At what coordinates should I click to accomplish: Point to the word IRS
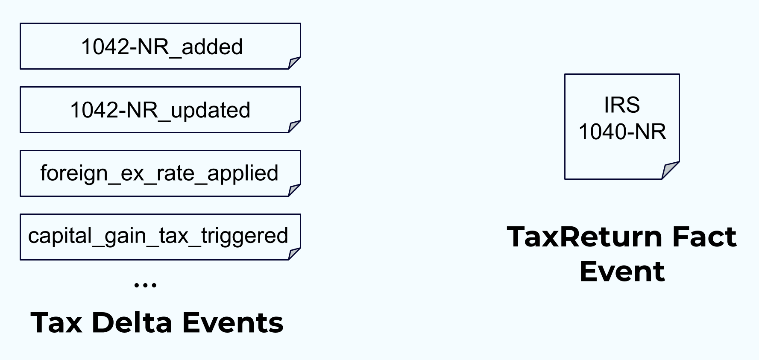622,105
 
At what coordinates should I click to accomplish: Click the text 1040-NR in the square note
622,132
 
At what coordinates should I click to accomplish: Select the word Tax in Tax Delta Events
56,322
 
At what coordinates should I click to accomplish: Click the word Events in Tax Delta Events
233,322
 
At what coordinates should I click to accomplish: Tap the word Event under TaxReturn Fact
622,272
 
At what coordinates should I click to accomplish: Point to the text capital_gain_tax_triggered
158,236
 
